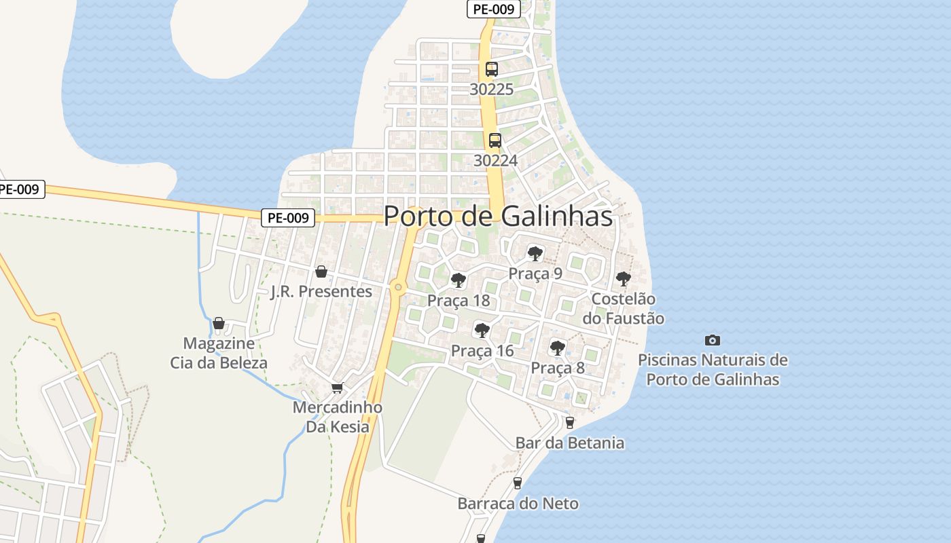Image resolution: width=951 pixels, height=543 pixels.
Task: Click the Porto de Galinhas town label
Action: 498,216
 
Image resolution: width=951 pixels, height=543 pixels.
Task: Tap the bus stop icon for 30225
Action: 492,69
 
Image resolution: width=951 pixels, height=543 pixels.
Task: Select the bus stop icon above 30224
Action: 495,141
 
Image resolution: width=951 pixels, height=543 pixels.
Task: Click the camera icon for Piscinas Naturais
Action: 712,340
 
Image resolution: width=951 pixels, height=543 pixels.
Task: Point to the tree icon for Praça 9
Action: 535,254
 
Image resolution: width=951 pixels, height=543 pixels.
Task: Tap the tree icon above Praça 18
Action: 458,280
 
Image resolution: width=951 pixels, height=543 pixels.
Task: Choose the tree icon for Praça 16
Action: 482,331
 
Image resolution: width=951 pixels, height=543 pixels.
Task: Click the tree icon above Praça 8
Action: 557,348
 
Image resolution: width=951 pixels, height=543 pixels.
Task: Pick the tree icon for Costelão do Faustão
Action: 623,278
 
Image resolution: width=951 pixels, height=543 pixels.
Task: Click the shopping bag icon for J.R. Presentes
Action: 321,271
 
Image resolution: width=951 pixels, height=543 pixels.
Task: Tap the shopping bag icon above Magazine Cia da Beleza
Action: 219,323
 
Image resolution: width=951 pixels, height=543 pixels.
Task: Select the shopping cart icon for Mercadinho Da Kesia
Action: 338,388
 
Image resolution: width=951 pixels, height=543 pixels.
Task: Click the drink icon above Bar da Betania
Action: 569,423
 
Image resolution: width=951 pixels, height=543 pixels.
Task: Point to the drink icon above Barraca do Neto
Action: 518,483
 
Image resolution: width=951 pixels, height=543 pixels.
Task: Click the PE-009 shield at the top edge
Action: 494,9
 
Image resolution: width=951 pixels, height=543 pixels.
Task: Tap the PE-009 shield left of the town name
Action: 288,218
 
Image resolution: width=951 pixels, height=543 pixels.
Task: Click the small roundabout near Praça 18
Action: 398,288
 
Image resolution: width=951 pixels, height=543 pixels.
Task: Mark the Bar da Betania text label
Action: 569,443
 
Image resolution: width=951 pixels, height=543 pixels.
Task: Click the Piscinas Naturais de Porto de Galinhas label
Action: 712,369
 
